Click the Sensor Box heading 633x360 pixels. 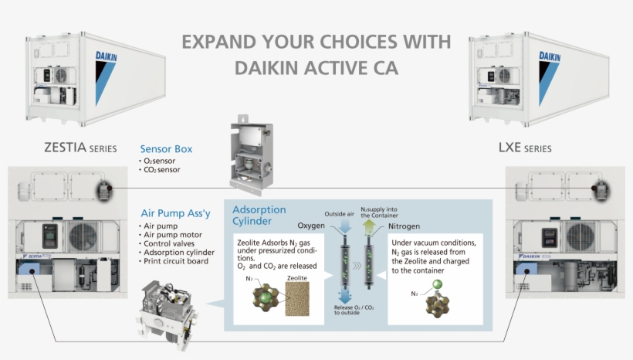point(166,148)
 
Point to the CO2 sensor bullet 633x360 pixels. point(161,169)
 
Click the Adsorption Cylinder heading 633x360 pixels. point(259,216)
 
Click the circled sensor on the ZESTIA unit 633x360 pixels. point(103,189)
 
